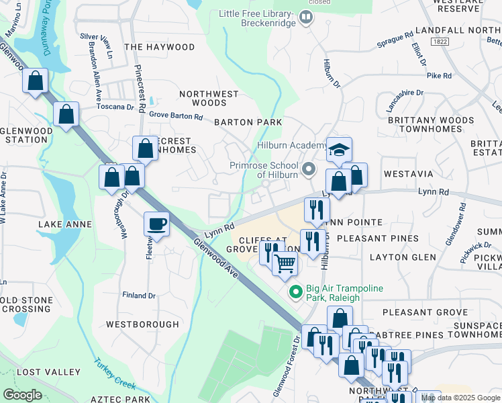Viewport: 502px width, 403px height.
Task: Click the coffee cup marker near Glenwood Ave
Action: pos(156,224)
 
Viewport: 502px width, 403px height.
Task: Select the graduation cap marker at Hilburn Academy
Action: pos(340,150)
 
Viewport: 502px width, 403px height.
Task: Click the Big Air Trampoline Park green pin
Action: pos(294,292)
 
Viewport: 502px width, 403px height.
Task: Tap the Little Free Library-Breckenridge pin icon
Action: pos(306,17)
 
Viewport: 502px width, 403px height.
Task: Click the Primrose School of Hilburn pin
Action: pos(309,168)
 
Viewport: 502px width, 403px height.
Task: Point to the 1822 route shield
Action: pos(440,42)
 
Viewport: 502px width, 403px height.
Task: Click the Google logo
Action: pos(22,395)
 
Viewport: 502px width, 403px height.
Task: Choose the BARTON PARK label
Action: pos(238,122)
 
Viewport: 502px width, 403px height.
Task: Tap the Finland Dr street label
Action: pos(138,295)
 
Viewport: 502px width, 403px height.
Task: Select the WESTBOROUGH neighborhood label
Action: pos(142,324)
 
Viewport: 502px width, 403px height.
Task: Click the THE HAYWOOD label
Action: pos(159,47)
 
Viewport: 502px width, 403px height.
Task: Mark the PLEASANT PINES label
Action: pos(377,238)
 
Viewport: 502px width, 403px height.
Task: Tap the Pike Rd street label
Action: pos(439,76)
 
